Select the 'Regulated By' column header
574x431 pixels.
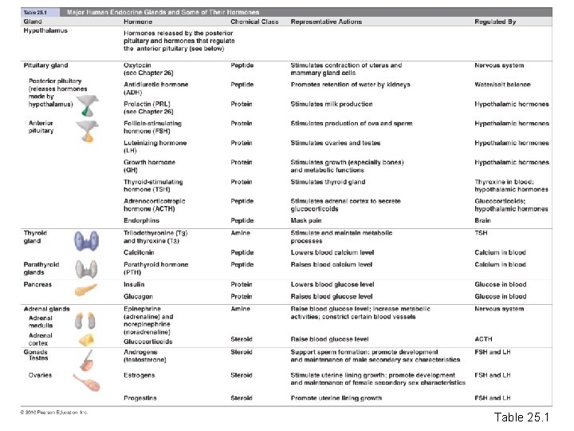click(495, 22)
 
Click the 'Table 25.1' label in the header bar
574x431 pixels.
click(36, 14)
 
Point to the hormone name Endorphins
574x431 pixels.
click(141, 220)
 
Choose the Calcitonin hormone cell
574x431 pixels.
click(140, 253)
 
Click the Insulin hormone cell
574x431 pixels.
click(134, 284)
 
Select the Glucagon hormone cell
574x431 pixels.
click(138, 297)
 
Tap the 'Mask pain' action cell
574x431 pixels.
click(307, 220)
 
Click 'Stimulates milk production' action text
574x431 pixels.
click(331, 105)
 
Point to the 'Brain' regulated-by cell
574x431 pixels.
click(483, 220)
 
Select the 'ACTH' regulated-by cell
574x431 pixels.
click(484, 339)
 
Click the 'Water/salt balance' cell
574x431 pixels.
click(501, 85)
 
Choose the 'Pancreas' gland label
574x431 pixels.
click(37, 284)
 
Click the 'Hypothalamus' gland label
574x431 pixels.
click(45, 31)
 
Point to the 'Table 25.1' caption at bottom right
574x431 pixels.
click(521, 417)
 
